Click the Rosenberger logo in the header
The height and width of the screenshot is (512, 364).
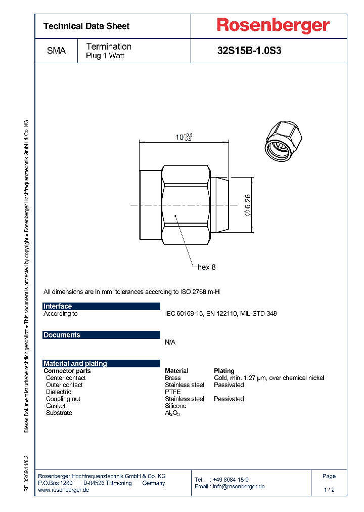pyautogui.click(x=273, y=25)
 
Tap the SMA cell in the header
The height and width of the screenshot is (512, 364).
pyautogui.click(x=56, y=51)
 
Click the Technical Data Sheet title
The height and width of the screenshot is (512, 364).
pyautogui.click(x=86, y=26)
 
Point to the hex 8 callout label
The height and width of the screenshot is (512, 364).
pyautogui.click(x=207, y=267)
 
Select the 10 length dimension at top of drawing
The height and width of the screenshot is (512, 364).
pyautogui.click(x=183, y=137)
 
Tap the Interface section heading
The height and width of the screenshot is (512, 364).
pyautogui.click(x=58, y=307)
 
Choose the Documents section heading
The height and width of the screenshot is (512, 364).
pyautogui.click(x=62, y=335)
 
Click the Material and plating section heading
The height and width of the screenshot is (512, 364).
pyautogui.click(x=75, y=364)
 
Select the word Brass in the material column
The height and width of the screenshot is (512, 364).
pyautogui.click(x=172, y=378)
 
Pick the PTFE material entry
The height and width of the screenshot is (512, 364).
pyautogui.click(x=172, y=392)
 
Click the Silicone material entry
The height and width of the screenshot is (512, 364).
pyautogui.click(x=175, y=406)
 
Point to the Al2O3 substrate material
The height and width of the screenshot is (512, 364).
pyautogui.click(x=172, y=413)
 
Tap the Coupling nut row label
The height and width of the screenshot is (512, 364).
pyautogui.click(x=63, y=399)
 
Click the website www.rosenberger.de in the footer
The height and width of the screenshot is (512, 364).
pyautogui.click(x=64, y=490)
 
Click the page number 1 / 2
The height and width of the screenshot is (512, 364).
pyautogui.click(x=329, y=490)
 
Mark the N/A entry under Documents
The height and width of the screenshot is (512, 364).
pyautogui.click(x=170, y=343)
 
